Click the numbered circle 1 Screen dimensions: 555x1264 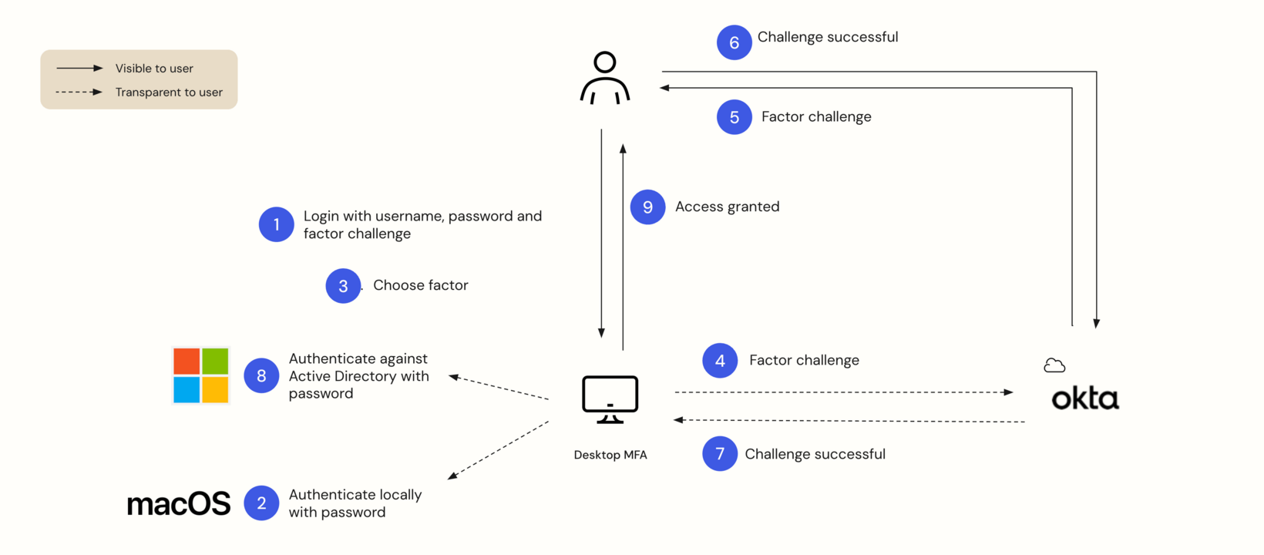point(276,224)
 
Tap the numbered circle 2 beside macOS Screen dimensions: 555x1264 point(261,503)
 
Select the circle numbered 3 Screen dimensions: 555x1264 point(343,286)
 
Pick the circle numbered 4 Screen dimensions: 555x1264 point(720,361)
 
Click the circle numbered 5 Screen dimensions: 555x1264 point(734,117)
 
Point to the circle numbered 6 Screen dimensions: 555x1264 point(734,43)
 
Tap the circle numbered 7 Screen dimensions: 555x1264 point(720,454)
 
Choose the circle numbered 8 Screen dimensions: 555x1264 point(261,376)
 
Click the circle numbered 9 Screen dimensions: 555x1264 point(647,207)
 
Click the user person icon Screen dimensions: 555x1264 point(605,78)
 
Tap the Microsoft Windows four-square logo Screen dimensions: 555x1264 point(201,375)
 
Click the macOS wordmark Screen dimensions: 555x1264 point(179,504)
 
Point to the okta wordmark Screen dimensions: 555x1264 point(1085,399)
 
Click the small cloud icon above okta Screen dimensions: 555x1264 point(1054,365)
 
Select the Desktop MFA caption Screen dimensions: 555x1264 point(610,455)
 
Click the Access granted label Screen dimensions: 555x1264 point(727,207)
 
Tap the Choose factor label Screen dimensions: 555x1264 point(420,285)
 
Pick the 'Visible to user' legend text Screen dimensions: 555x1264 point(154,69)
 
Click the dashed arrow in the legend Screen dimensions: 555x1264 point(79,92)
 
